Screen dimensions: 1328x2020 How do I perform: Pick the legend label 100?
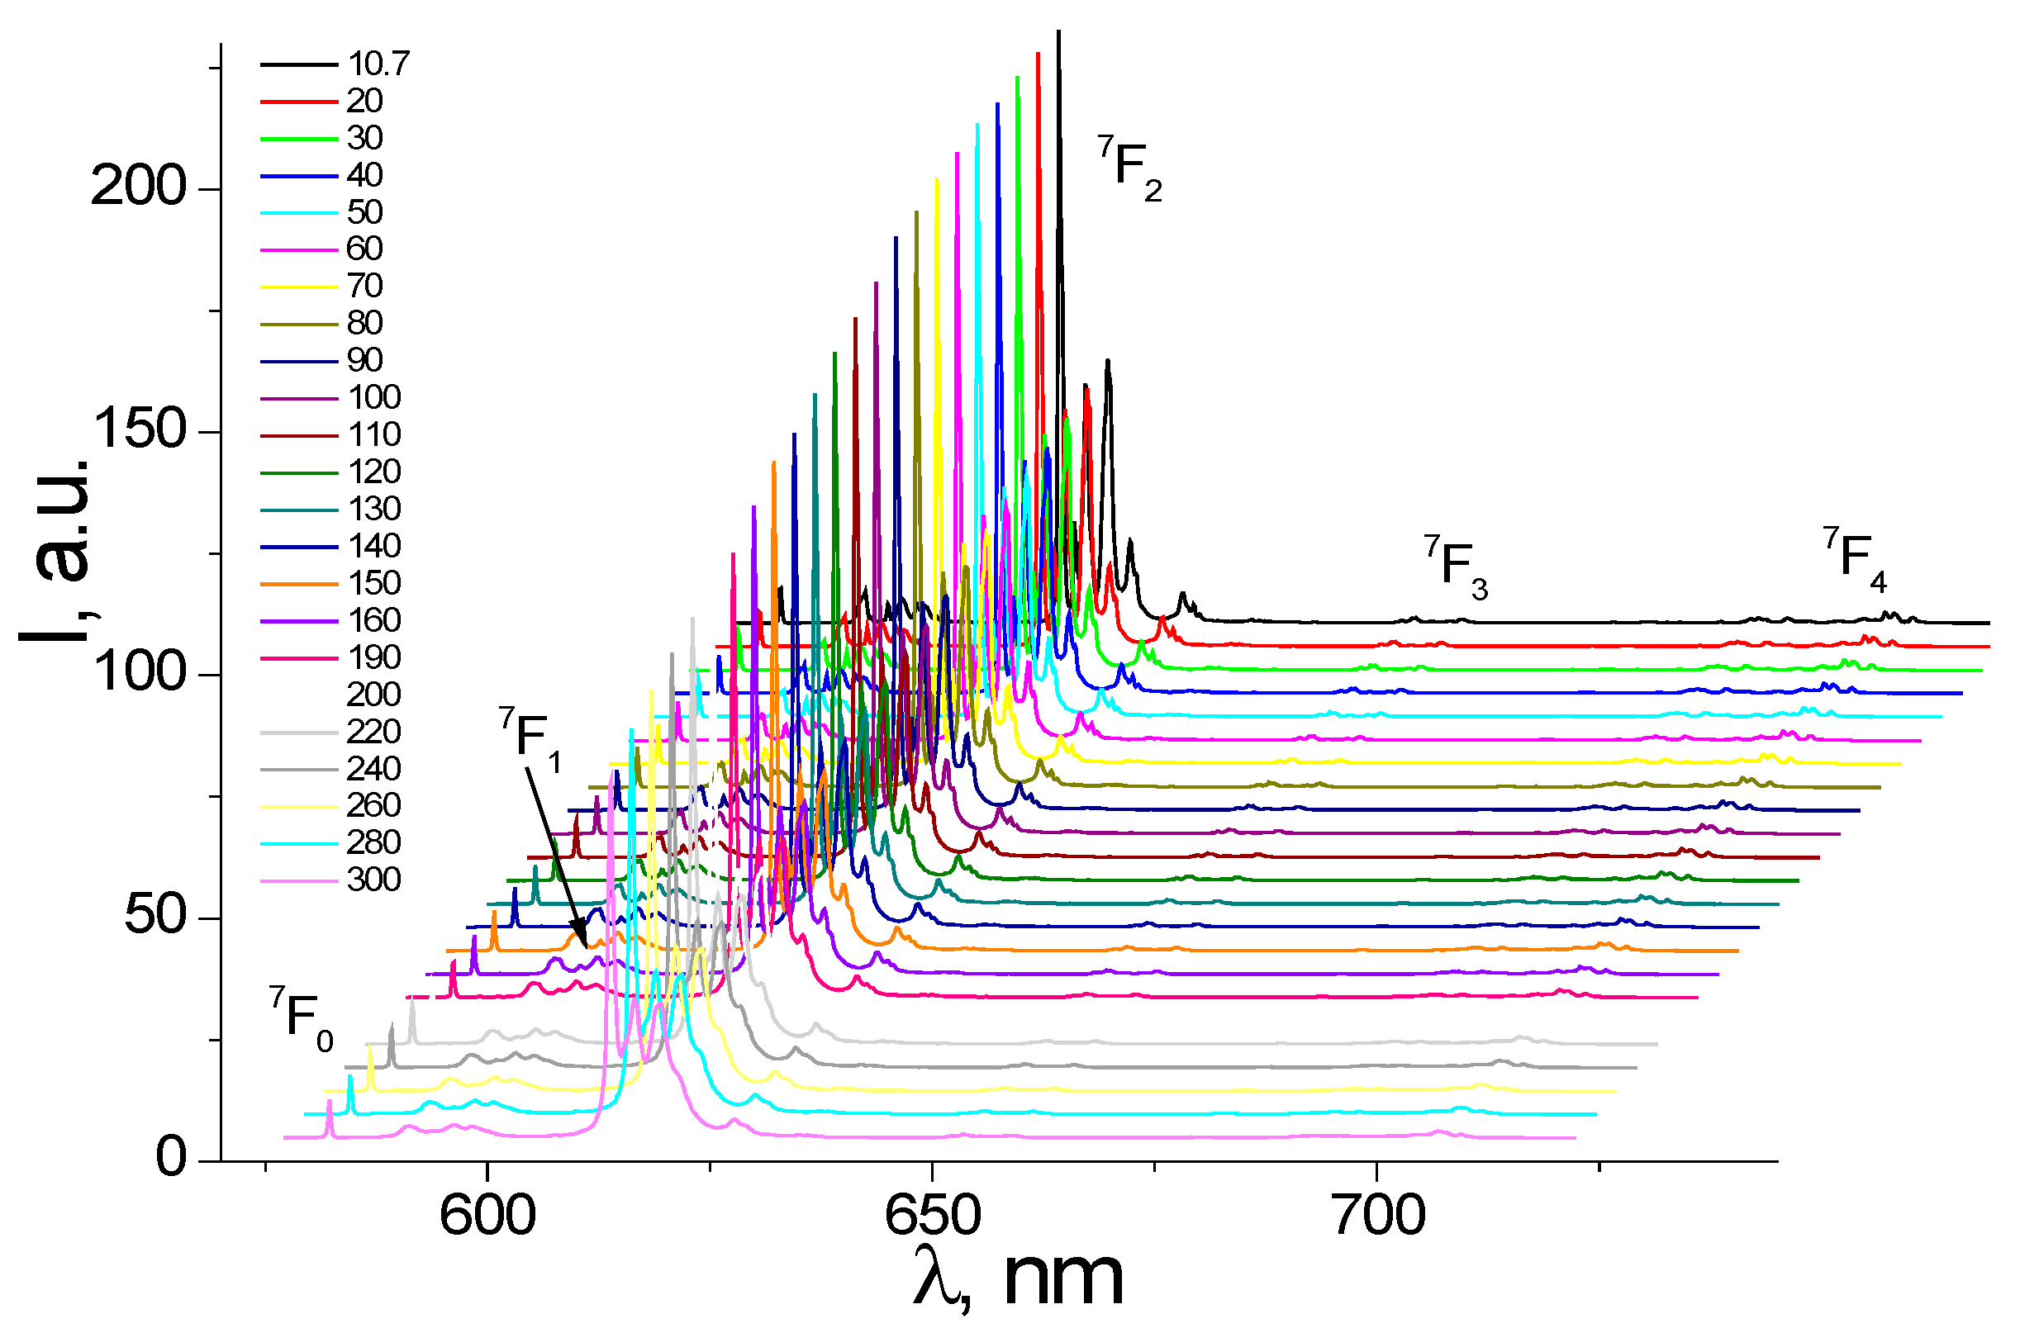pyautogui.click(x=373, y=397)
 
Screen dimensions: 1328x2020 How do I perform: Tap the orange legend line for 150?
pyautogui.click(x=299, y=584)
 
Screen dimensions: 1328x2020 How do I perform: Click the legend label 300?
pyautogui.click(x=373, y=880)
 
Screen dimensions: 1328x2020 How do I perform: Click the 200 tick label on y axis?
pyautogui.click(x=137, y=187)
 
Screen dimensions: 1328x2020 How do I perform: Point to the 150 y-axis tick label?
pyautogui.click(x=139, y=429)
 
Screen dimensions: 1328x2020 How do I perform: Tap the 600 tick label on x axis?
pyautogui.click(x=487, y=1216)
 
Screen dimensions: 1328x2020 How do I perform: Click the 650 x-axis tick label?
pyautogui.click(x=932, y=1216)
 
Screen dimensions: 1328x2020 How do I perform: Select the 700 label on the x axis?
pyautogui.click(x=1377, y=1216)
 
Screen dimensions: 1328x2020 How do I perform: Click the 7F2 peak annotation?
pyautogui.click(x=1129, y=167)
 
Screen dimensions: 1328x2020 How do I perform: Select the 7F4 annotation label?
pyautogui.click(x=1855, y=557)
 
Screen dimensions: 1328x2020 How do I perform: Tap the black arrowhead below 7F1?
pyautogui.click(x=582, y=941)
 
